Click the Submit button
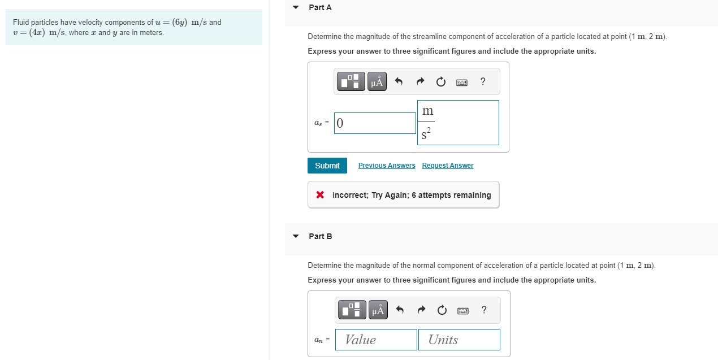[327, 166]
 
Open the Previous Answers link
[387, 166]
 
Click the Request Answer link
[448, 166]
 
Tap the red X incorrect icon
[320, 195]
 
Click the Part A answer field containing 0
[375, 123]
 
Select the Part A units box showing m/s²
[458, 123]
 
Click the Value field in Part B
[376, 340]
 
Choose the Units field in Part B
[459, 340]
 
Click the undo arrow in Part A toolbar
[399, 82]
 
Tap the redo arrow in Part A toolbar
[420, 82]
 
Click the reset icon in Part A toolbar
[441, 82]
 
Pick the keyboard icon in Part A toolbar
[462, 83]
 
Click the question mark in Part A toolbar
[482, 81]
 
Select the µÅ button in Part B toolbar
[378, 310]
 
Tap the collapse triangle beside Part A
[296, 8]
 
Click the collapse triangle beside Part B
[296, 236]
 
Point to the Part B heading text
[321, 236]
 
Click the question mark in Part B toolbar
[483, 309]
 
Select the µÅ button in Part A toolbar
[377, 81]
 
